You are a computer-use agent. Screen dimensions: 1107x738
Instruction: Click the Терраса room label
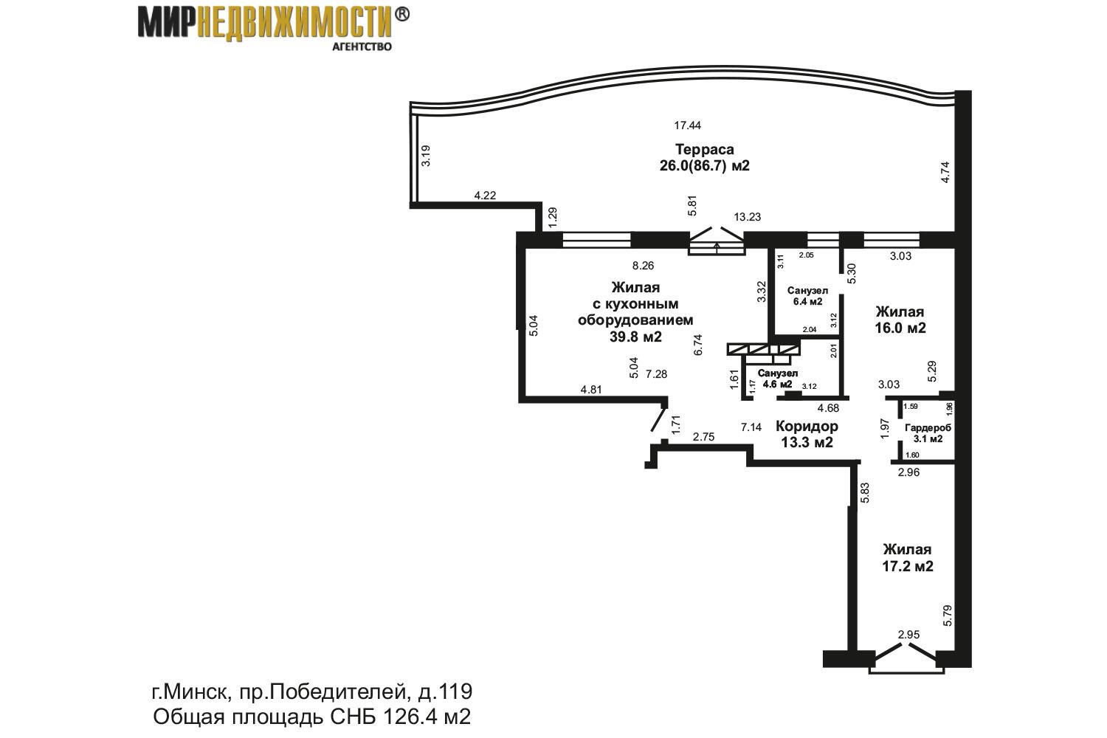[x=704, y=149]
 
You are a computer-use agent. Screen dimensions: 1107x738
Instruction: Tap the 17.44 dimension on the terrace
[x=687, y=125]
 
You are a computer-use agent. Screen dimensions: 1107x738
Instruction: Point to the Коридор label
[x=807, y=426]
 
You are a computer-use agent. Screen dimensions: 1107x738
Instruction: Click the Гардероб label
[x=928, y=428]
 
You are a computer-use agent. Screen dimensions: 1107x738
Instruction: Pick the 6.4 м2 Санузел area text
[x=807, y=301]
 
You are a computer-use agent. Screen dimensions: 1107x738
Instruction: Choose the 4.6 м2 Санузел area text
[x=777, y=384]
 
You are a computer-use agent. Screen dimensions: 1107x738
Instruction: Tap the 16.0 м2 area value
[x=900, y=328]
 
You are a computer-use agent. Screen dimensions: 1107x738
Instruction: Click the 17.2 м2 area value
[x=908, y=566]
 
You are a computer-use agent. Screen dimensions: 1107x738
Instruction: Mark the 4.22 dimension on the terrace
[x=485, y=196]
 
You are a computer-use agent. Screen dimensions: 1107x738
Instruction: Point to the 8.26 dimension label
[x=643, y=266]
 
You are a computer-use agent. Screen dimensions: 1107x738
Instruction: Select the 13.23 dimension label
[x=747, y=216]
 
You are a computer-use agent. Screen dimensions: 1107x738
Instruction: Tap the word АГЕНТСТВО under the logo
[x=362, y=46]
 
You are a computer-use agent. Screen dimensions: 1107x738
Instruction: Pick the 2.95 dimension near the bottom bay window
[x=908, y=634]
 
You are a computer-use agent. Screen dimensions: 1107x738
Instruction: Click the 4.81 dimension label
[x=591, y=390]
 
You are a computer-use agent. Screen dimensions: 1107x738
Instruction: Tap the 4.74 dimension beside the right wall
[x=945, y=173]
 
